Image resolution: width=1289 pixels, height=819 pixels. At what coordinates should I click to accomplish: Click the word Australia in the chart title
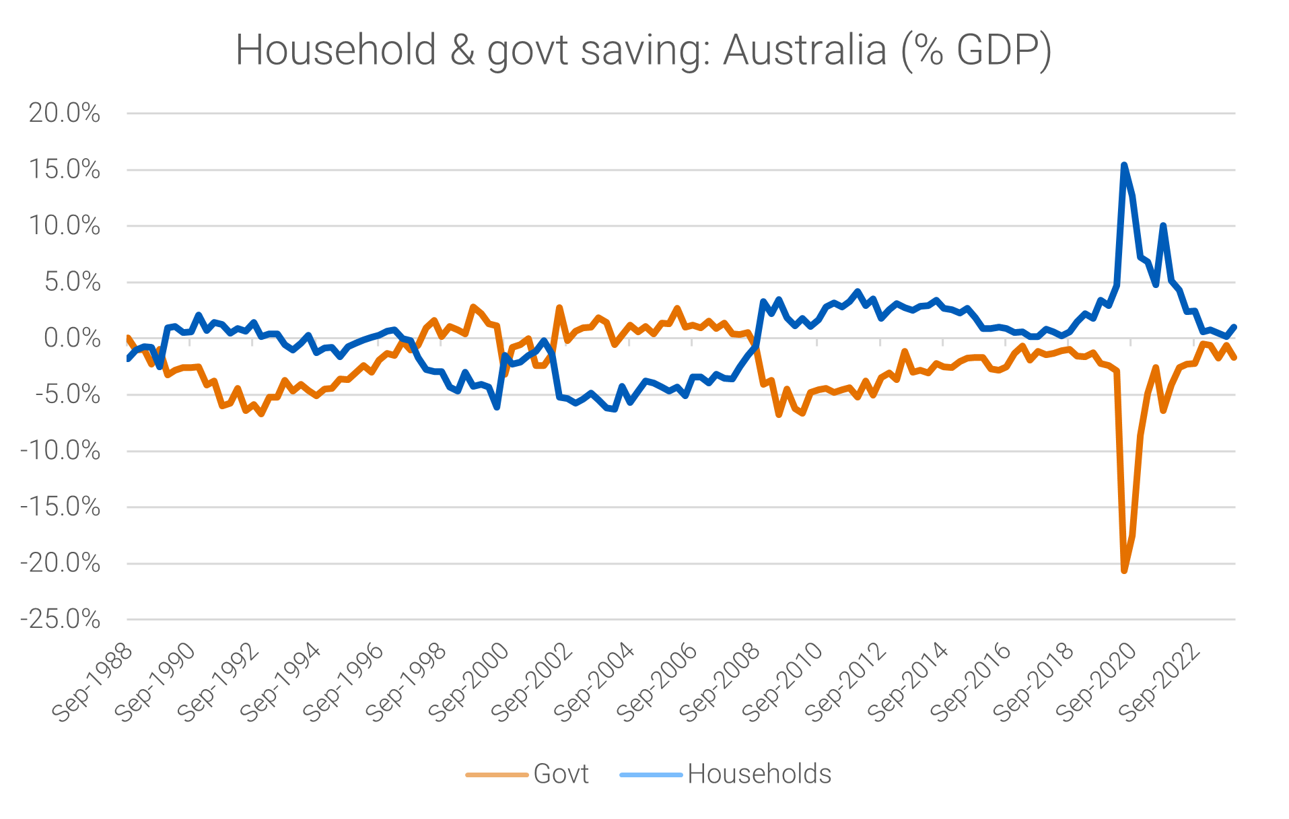coord(805,50)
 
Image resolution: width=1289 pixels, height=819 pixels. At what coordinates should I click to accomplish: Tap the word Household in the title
coord(336,50)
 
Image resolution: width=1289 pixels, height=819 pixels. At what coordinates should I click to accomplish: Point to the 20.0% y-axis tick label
coord(64,113)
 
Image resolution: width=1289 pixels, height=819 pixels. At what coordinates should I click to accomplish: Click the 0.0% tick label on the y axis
coord(72,338)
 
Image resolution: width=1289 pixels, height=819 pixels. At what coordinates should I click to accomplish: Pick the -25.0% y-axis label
coord(61,619)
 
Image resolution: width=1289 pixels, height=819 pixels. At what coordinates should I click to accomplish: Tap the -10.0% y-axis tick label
coord(61,450)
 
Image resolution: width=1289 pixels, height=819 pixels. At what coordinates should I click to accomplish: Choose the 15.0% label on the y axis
coord(64,170)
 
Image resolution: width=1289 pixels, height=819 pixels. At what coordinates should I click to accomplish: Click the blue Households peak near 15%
coord(1124,164)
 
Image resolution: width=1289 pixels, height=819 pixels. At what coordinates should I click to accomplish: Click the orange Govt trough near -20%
coord(1124,571)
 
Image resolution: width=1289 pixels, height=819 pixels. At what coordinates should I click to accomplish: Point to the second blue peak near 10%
coord(1163,225)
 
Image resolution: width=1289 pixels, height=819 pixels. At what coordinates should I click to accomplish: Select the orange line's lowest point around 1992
coord(261,414)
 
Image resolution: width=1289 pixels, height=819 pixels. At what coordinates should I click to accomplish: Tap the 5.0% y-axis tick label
coord(72,282)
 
